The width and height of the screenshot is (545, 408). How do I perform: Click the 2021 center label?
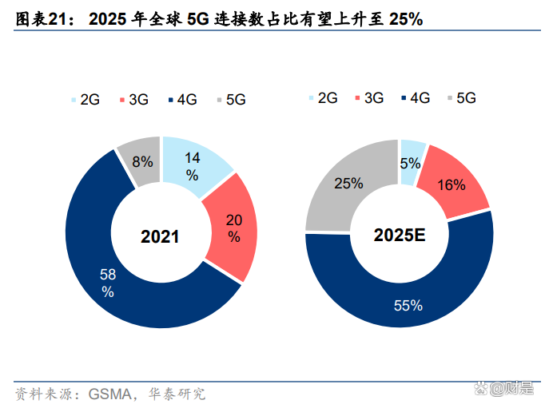[x=161, y=237]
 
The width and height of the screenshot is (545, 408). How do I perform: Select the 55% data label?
[x=408, y=306]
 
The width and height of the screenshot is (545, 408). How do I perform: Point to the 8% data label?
[x=142, y=162]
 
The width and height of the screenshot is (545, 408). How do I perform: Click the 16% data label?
[x=452, y=185]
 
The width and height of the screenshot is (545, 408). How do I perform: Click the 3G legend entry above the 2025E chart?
[x=368, y=98]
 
